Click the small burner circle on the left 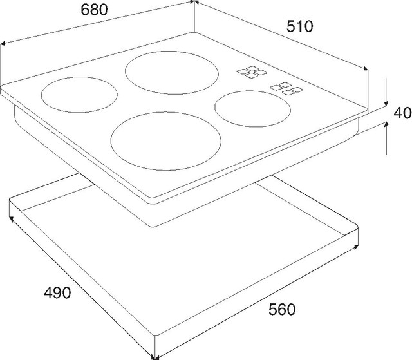[79, 96]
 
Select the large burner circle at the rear [171, 72]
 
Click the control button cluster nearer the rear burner [248, 73]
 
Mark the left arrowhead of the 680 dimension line [4, 44]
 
